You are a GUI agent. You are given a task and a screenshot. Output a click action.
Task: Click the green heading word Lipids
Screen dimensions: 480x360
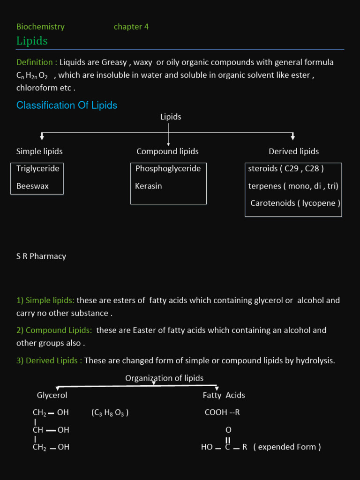coord(32,41)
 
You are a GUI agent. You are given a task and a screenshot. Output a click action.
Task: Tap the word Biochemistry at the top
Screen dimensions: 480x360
coord(40,27)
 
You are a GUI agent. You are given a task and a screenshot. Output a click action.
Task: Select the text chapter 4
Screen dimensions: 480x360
coord(131,27)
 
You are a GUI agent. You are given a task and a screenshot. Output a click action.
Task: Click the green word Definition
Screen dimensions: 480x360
coord(35,62)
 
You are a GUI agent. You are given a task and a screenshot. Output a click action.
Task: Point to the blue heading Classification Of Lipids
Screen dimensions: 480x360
coord(67,105)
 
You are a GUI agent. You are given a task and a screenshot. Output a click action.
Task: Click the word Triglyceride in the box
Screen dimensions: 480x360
coord(38,168)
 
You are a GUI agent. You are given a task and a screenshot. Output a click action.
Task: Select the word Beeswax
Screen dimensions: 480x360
coord(32,186)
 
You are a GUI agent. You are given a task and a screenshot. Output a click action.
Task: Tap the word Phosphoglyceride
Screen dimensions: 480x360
coord(168,168)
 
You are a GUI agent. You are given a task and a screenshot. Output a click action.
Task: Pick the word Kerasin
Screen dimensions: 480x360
coord(149,186)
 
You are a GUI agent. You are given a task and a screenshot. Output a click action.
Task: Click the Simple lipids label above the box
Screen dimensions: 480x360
coord(39,151)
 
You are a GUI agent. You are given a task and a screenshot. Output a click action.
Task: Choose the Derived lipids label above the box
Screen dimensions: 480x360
coord(293,151)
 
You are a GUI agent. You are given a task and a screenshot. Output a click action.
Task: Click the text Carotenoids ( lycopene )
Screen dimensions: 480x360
coord(295,203)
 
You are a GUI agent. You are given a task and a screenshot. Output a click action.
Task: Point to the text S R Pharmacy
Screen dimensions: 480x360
coord(41,256)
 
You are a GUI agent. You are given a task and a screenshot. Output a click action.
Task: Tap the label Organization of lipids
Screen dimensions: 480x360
coord(164,378)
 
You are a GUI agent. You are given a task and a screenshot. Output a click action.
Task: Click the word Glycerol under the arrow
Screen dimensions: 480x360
coord(52,395)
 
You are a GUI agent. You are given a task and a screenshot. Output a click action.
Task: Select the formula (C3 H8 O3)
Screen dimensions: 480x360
coord(110,413)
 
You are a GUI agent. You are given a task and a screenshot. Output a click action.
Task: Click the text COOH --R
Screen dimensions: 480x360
coord(222,413)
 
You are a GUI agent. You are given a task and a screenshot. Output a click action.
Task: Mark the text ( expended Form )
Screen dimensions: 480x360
coord(287,447)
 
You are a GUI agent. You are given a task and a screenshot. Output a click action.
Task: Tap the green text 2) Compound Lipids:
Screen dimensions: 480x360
coord(54,330)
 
